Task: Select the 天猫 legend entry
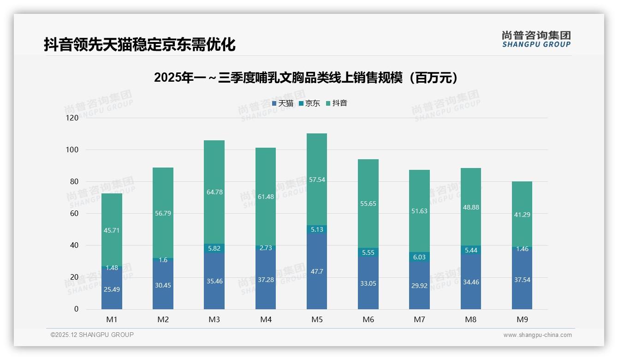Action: (x=283, y=103)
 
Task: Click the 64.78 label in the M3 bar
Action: (x=214, y=192)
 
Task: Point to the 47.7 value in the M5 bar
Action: (x=317, y=271)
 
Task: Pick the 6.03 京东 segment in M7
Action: (x=419, y=257)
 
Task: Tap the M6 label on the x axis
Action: (x=368, y=319)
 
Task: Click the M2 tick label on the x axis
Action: (x=163, y=319)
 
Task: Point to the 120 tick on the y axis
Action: (x=72, y=118)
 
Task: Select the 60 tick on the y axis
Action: (x=74, y=214)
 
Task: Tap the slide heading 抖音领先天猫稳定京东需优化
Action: (x=139, y=45)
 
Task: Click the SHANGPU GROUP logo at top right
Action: (x=536, y=39)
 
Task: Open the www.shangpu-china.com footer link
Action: (x=537, y=335)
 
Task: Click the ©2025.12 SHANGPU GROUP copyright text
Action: (x=92, y=335)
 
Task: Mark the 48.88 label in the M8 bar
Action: (x=470, y=207)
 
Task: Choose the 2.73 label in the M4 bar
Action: (x=266, y=248)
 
